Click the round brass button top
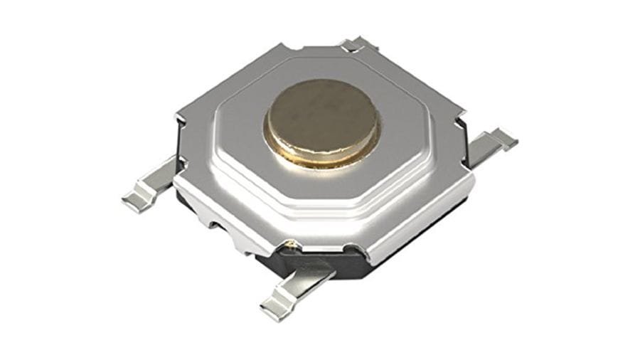[x=321, y=114]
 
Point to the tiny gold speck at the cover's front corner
[x=290, y=246]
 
